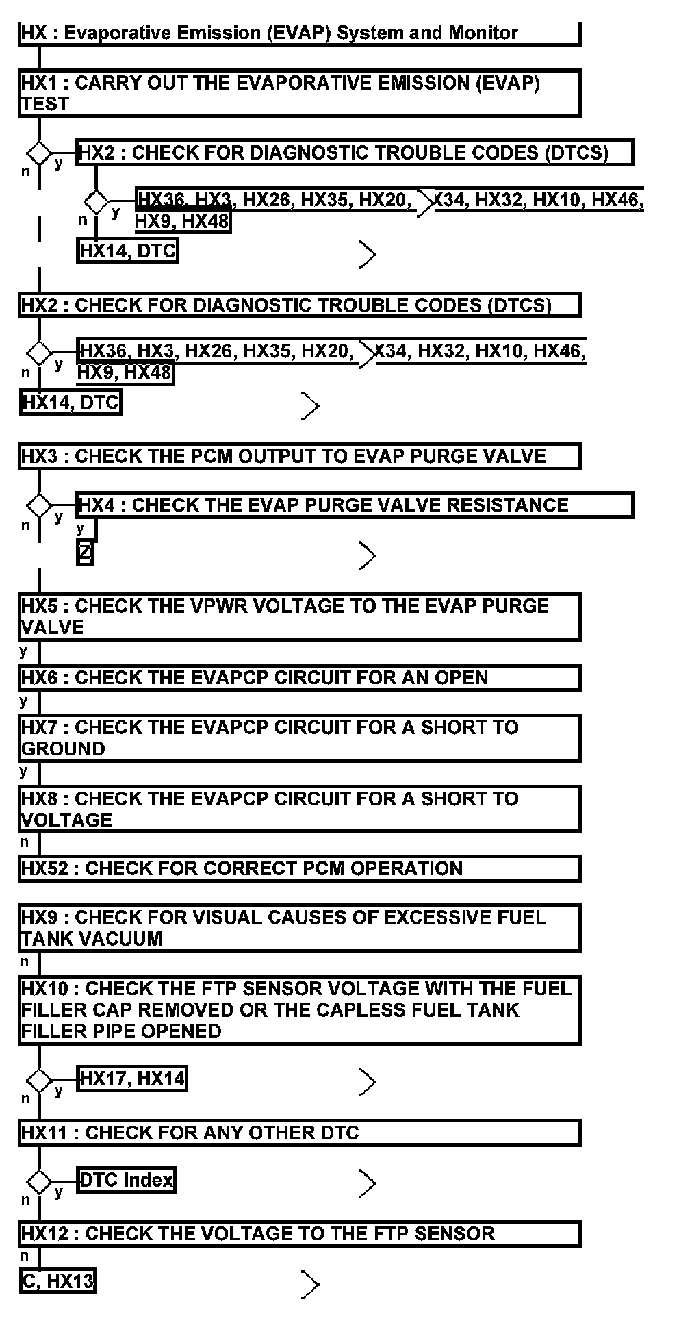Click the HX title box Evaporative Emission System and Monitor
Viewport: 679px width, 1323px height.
(x=299, y=33)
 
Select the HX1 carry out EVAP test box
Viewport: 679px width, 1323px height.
(x=299, y=93)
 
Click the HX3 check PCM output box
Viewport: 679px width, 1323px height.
(x=299, y=457)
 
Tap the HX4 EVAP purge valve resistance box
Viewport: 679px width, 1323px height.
(x=354, y=505)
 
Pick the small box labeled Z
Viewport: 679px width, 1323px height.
(x=84, y=553)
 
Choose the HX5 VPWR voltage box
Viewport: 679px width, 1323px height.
(x=299, y=616)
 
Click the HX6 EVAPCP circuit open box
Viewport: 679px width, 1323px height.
(x=299, y=677)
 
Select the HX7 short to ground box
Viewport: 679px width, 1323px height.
(x=299, y=738)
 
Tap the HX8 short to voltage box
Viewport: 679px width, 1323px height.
(x=299, y=809)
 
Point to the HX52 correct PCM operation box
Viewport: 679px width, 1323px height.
(x=299, y=868)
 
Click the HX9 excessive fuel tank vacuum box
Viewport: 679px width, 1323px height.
(x=299, y=928)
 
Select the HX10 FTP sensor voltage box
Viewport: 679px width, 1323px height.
(x=299, y=1010)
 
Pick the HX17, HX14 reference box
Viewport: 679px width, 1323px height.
(x=132, y=1079)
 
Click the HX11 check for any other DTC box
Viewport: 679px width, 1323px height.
(x=299, y=1133)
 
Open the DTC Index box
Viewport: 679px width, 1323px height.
(x=126, y=1180)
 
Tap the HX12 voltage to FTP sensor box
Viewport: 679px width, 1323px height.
(x=299, y=1233)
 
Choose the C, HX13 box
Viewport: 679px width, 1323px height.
(x=57, y=1281)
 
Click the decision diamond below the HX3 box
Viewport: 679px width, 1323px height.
(x=39, y=506)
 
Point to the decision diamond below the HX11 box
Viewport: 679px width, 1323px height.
(x=39, y=1182)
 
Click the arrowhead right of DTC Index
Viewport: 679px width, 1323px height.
(x=368, y=1183)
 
